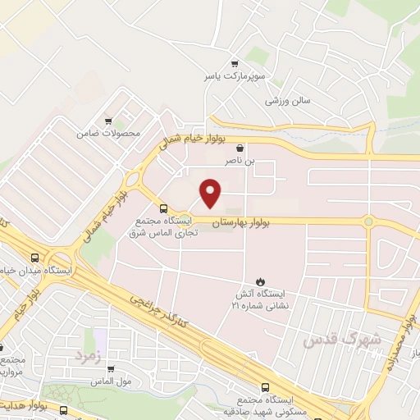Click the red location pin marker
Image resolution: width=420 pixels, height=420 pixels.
coord(212,192)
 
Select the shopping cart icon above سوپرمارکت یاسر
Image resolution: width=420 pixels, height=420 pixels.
coord(235,63)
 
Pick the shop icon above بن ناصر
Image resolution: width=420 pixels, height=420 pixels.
coord(239,148)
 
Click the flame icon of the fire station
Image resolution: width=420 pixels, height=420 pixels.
coord(262,281)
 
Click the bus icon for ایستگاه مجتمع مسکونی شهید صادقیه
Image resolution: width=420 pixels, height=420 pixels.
coord(265,387)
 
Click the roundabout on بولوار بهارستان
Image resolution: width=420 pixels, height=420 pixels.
coord(369,221)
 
